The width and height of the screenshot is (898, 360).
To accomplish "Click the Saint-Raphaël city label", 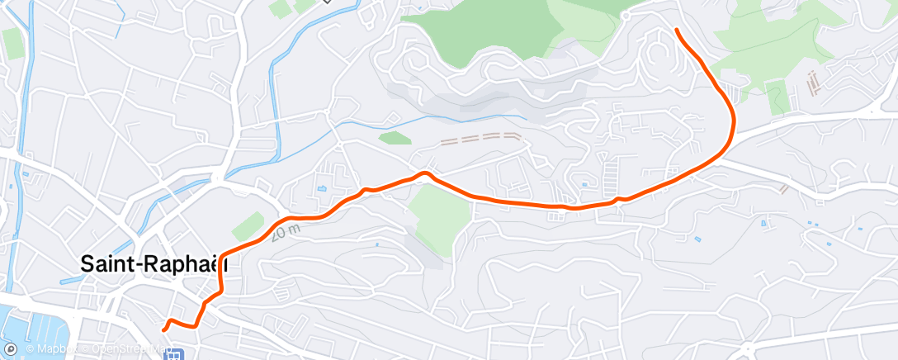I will tap(153, 263).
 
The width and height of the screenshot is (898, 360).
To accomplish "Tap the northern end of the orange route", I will tap(677, 30).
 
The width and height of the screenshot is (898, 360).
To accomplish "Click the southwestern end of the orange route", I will tap(164, 329).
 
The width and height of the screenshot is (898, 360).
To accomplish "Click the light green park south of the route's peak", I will tap(437, 215).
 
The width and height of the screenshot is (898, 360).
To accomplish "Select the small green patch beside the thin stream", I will tap(395, 138).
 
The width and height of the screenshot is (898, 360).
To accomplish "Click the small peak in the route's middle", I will tap(425, 173).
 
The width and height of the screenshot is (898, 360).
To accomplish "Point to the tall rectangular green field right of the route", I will tap(777, 97).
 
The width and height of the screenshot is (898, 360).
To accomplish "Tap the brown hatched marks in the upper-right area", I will tap(813, 82).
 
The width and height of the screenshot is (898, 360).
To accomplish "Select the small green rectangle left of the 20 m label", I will tap(247, 225).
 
